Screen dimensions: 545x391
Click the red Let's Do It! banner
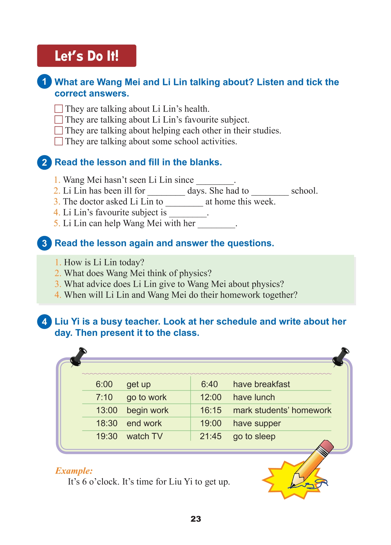tap(87, 56)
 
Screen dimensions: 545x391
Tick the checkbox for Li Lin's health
tap(59, 109)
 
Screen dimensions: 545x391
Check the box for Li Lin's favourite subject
tap(59, 120)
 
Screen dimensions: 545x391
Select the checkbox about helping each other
tap(59, 130)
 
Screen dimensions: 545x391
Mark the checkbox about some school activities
tap(59, 141)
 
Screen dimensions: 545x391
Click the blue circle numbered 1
tap(44, 82)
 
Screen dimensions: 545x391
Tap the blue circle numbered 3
tap(44, 243)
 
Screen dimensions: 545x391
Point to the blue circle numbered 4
tap(44, 322)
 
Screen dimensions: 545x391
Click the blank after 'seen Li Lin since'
tap(215, 181)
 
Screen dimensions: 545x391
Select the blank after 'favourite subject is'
tap(188, 214)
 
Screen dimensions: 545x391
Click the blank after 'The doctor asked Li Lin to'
tap(184, 203)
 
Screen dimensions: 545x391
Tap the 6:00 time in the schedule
tap(104, 384)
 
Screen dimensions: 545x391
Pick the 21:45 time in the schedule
tap(211, 436)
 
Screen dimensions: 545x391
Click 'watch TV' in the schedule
tap(145, 436)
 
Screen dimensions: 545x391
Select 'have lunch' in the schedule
tap(254, 397)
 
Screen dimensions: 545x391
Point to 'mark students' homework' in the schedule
tap(282, 410)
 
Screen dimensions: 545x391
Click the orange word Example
tap(74, 471)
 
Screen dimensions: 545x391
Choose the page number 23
tap(196, 519)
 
